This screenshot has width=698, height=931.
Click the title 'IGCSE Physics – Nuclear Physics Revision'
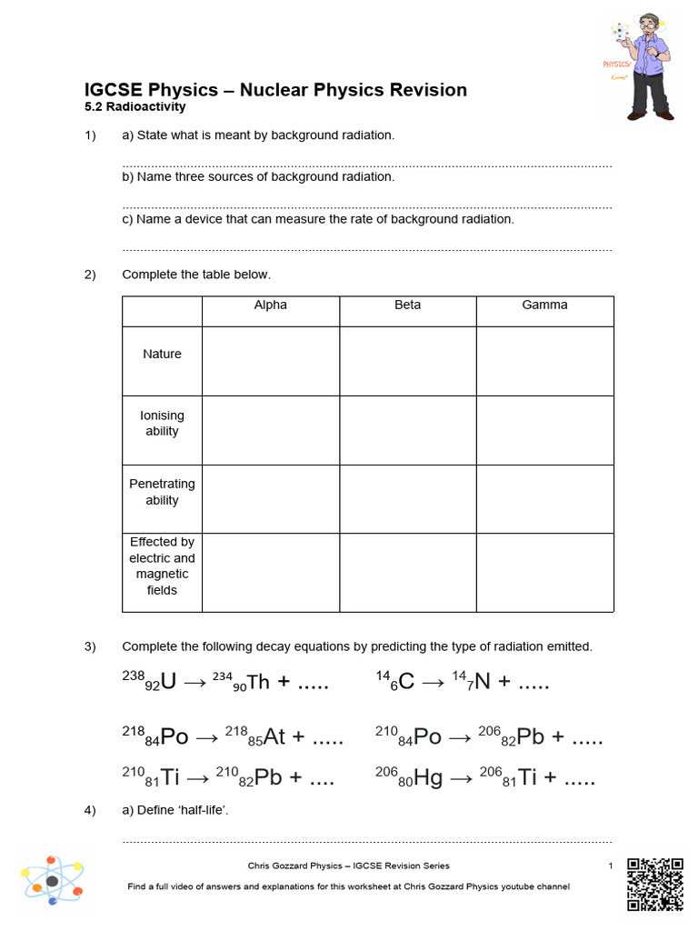275,90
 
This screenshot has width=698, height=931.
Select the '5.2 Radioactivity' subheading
135,107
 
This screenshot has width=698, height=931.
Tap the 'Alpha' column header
270,305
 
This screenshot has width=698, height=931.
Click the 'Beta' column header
407,305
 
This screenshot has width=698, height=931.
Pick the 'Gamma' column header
544,305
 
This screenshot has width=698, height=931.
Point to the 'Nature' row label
162,355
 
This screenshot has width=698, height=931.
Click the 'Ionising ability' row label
162,424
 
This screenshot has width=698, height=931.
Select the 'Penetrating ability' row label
162,492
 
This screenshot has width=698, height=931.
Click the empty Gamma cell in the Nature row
544,361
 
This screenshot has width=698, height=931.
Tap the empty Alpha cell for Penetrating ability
270,498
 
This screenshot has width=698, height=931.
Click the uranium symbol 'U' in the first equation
167,682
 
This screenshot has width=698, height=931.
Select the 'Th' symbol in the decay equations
258,682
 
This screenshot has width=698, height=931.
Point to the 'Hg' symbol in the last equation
428,778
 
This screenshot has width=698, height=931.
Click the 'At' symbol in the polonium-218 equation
274,736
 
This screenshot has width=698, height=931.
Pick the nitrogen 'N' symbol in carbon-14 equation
481,682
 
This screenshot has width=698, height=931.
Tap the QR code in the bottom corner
655,884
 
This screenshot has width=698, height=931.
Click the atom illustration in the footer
53,881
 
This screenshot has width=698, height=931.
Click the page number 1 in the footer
611,866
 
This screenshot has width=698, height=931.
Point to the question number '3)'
90,646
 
